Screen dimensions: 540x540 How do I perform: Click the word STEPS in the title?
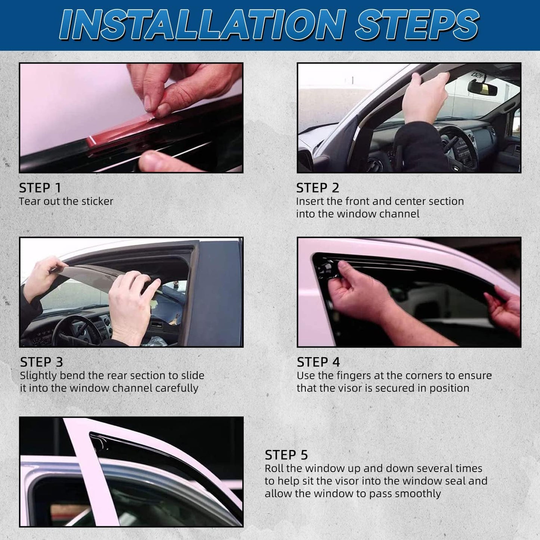coord(417,25)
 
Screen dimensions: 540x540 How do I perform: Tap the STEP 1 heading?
coord(40,188)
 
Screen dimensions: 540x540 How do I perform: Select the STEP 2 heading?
coord(318,188)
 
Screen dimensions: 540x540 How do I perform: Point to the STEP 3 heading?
coord(41,362)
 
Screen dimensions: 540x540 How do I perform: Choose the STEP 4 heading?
coord(318,362)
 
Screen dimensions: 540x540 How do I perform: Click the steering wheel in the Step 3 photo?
coord(75,331)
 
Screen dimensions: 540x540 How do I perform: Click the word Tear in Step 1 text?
coord(30,201)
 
